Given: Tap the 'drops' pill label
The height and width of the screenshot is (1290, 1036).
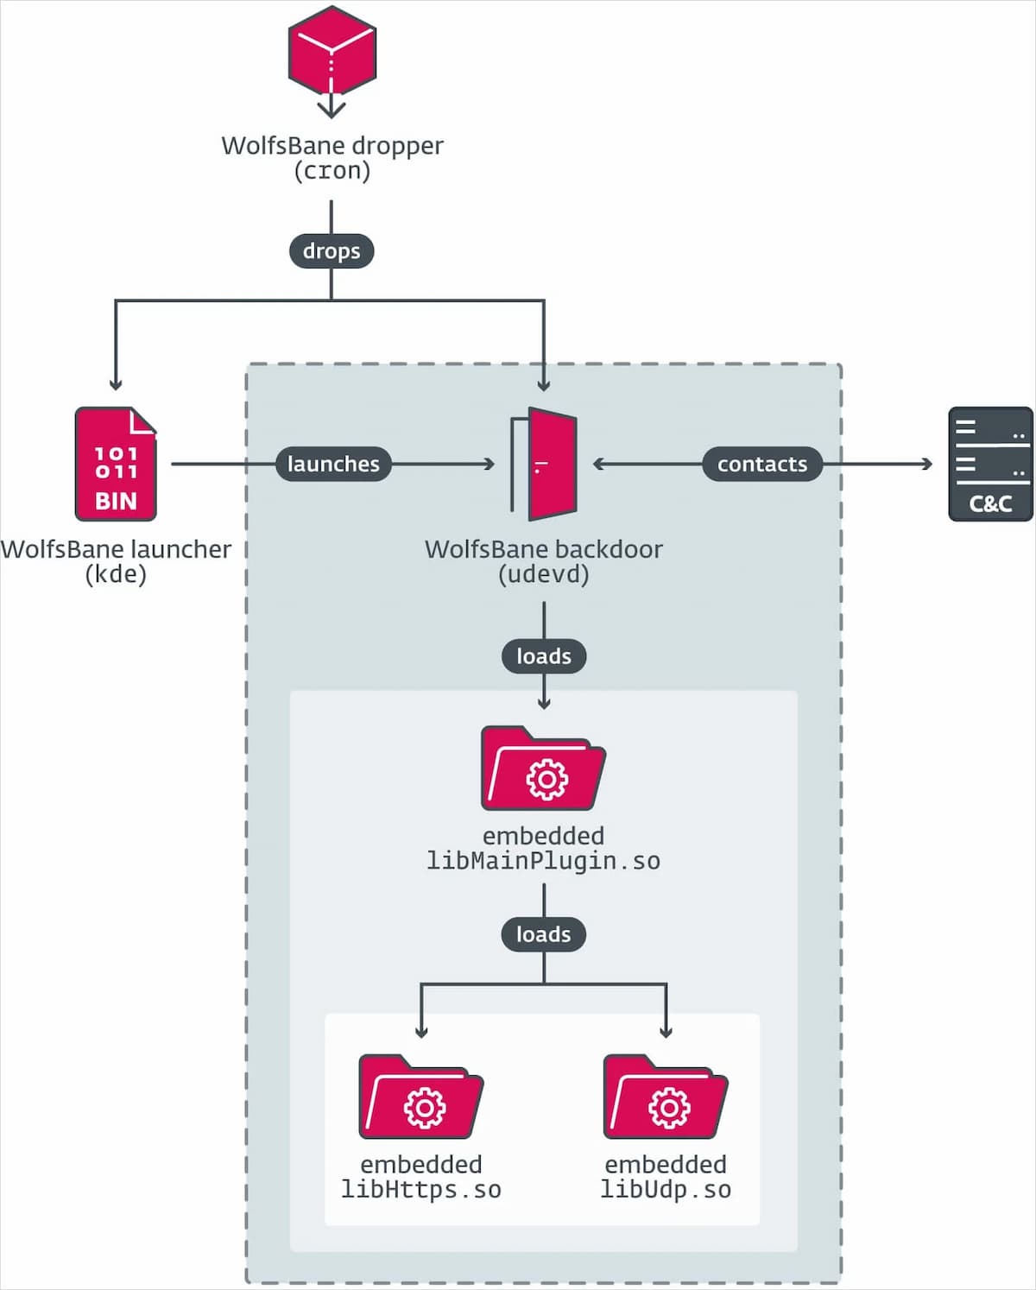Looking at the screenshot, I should click(x=332, y=251).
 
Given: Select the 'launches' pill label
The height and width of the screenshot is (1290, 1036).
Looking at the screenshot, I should click(x=333, y=464).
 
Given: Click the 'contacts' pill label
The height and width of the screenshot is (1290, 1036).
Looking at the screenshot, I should click(x=761, y=464).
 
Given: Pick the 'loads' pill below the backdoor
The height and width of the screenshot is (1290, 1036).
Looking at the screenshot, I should click(x=544, y=656).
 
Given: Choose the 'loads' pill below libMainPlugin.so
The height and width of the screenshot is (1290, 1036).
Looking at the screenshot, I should click(x=544, y=934).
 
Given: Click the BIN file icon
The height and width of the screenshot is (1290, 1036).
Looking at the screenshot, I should click(x=116, y=465).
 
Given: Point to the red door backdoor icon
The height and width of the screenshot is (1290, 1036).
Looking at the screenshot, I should click(x=546, y=464).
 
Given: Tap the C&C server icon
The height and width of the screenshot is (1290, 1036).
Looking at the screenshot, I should click(x=990, y=464).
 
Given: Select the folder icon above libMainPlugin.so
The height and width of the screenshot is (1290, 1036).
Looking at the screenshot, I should click(x=543, y=769).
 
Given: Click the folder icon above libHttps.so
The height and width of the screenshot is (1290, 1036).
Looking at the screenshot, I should click(x=420, y=1097).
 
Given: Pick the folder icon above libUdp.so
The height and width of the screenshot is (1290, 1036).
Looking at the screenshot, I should click(x=666, y=1097).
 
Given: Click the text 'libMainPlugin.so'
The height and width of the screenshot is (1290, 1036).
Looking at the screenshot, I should click(x=544, y=862).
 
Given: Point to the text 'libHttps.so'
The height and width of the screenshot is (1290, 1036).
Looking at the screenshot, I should click(x=421, y=1190).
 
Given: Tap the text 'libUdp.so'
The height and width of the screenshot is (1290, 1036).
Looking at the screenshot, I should click(x=666, y=1190).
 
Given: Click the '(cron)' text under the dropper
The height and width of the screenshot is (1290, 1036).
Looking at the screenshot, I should click(x=332, y=171).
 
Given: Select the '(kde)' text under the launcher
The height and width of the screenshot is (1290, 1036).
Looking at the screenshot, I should click(x=116, y=574).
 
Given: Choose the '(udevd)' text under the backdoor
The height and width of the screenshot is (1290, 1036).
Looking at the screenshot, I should click(x=544, y=574).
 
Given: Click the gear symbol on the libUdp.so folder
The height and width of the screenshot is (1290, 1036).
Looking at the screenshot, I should click(x=669, y=1108).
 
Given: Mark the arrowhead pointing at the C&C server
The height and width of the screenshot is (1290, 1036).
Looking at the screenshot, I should click(x=927, y=464).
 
